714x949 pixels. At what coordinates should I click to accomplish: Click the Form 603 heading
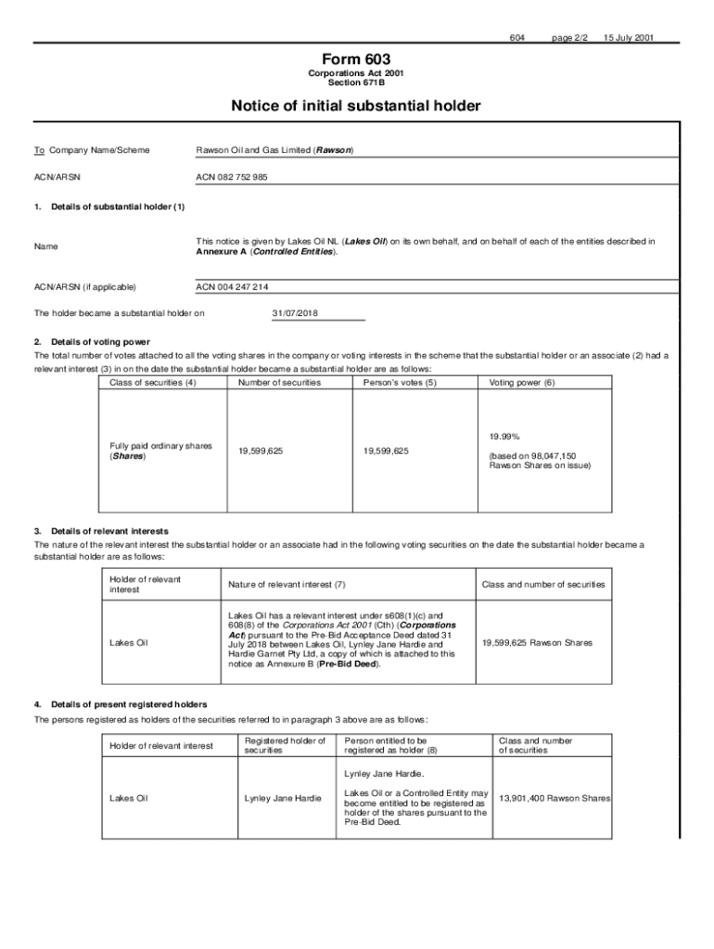coord(356,58)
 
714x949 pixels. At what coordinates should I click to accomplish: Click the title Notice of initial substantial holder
coord(356,107)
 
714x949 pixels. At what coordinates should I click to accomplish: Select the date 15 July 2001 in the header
coord(628,38)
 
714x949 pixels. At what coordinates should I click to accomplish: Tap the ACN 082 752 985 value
coord(232,176)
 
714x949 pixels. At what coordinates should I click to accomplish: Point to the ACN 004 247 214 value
coord(232,287)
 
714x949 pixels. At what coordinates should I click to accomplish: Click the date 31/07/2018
coord(295,313)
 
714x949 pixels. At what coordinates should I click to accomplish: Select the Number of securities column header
coord(279,382)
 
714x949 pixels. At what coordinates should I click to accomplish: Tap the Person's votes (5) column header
coord(400,382)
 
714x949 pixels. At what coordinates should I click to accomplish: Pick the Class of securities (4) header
coord(153,382)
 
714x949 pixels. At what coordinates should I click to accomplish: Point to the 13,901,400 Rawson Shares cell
coord(555,797)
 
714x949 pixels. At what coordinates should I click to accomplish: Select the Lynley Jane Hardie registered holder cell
coord(283,797)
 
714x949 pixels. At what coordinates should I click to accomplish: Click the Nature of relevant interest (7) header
coord(287,585)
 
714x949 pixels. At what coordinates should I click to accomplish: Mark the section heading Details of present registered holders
coord(129,704)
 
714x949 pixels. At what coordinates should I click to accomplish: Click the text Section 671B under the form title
coord(356,82)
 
